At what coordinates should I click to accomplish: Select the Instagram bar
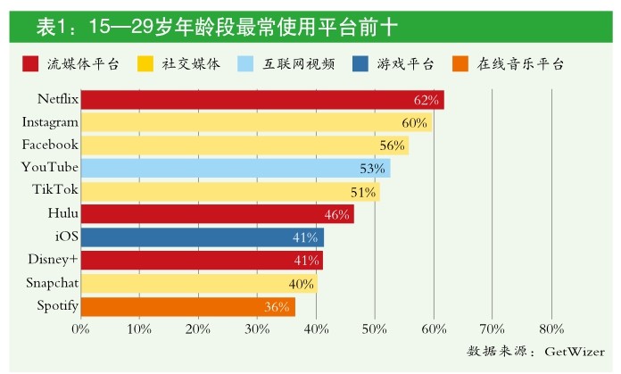tap(255, 122)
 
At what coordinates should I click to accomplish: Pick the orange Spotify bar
tap(187, 307)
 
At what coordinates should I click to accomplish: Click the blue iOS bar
tap(202, 237)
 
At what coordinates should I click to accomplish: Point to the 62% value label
tap(426, 100)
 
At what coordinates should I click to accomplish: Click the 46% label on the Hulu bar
tap(335, 214)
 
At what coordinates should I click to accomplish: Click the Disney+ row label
tap(53, 261)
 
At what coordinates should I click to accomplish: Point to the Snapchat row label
tap(51, 284)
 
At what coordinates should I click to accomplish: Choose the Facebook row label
tap(51, 145)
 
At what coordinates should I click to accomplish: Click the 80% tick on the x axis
tap(551, 329)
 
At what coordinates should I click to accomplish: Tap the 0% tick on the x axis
tap(80, 329)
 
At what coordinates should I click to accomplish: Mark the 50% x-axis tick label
tap(375, 329)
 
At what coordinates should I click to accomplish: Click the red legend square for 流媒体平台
tap(30, 63)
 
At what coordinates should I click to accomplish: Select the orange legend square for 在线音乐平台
tap(461, 63)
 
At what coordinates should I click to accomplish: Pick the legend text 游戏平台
tap(406, 63)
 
